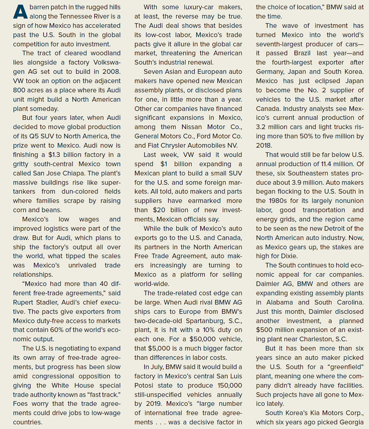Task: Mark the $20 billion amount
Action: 170,210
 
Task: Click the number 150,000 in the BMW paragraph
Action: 228,385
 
